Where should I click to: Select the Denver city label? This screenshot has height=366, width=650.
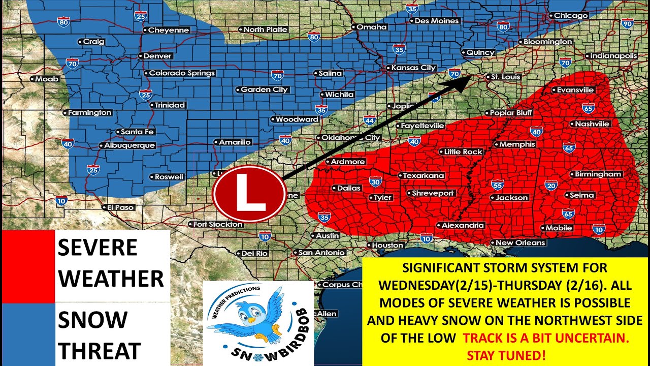click(x=157, y=56)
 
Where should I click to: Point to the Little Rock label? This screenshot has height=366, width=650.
click(x=463, y=151)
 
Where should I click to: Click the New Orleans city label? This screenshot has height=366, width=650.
click(x=520, y=242)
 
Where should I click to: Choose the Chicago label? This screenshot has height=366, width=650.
click(x=571, y=16)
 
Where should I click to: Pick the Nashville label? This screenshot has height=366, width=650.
click(x=592, y=124)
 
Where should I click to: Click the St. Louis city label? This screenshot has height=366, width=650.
click(x=503, y=77)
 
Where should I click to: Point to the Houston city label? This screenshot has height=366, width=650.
click(x=387, y=245)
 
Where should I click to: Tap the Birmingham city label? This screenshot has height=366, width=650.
click(x=598, y=174)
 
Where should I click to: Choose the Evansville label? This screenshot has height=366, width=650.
click(x=575, y=90)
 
